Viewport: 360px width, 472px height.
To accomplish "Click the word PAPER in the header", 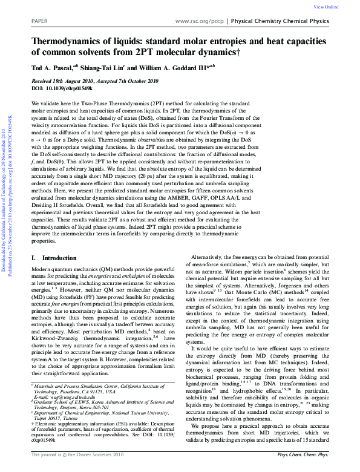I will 39,21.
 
